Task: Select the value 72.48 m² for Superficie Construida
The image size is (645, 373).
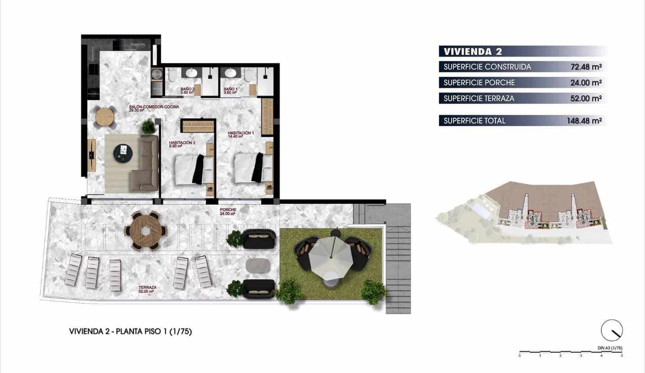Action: click(586, 67)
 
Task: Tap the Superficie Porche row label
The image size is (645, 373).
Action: click(479, 83)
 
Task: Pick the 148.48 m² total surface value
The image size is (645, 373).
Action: click(584, 121)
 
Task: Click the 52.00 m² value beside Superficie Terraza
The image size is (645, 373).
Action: click(586, 98)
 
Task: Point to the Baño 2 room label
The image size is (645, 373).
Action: click(187, 90)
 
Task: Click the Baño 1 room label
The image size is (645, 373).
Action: click(230, 90)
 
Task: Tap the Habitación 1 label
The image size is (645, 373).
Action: click(241, 134)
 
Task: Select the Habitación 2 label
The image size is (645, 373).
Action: click(182, 144)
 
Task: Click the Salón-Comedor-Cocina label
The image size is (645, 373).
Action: click(154, 108)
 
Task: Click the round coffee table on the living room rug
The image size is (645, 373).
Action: click(123, 153)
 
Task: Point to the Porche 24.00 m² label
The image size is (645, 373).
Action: click(228, 212)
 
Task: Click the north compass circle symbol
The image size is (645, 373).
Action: click(612, 331)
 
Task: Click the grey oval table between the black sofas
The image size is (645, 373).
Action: click(258, 265)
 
